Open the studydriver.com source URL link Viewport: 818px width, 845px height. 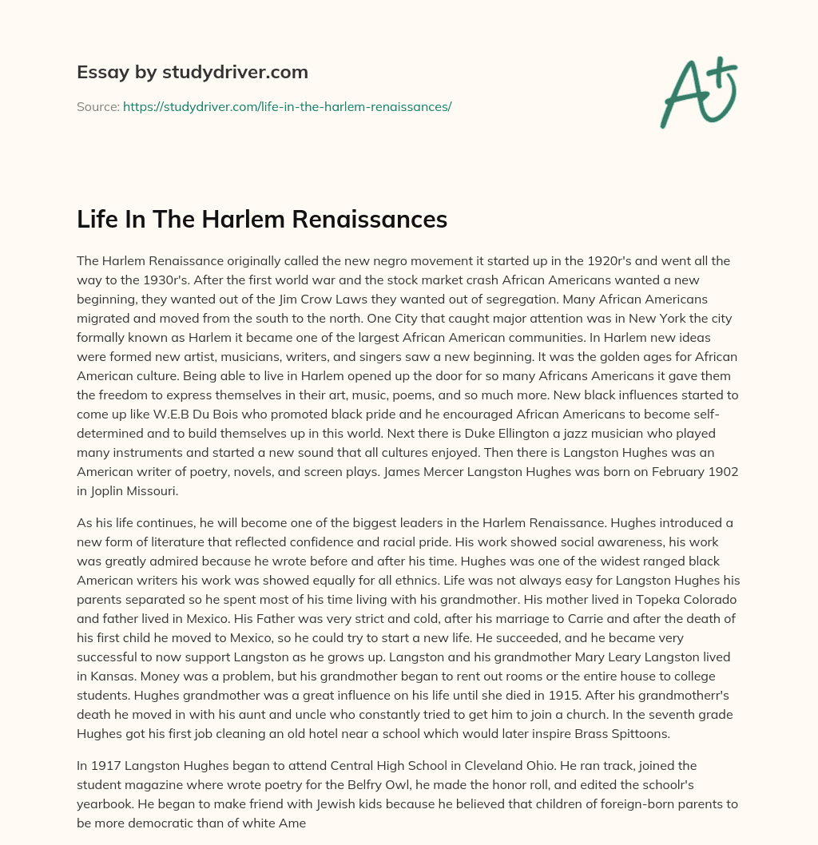(287, 106)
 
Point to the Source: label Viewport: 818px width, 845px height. (97, 106)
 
